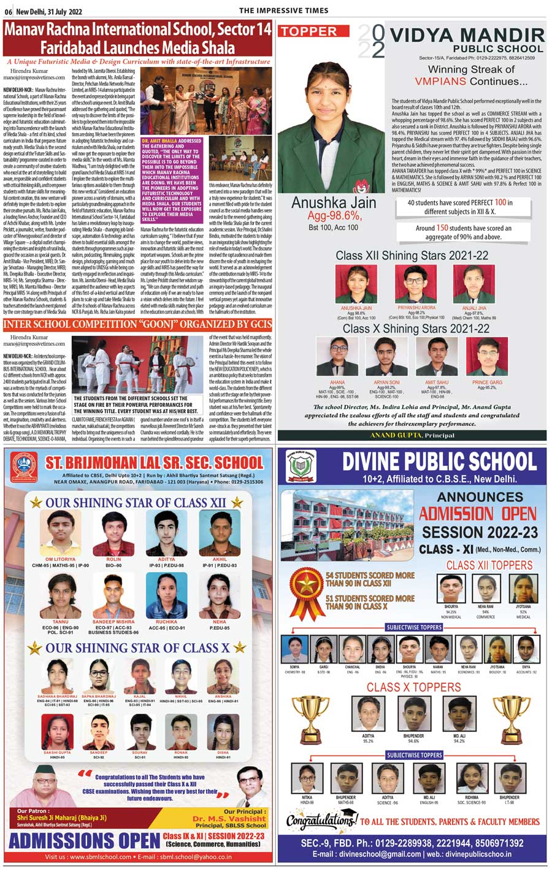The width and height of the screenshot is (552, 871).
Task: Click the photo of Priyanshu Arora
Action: coord(416,284)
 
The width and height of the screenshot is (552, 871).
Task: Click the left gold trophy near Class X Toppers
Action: coord(310,716)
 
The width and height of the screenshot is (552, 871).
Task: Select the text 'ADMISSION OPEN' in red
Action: coord(478,514)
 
